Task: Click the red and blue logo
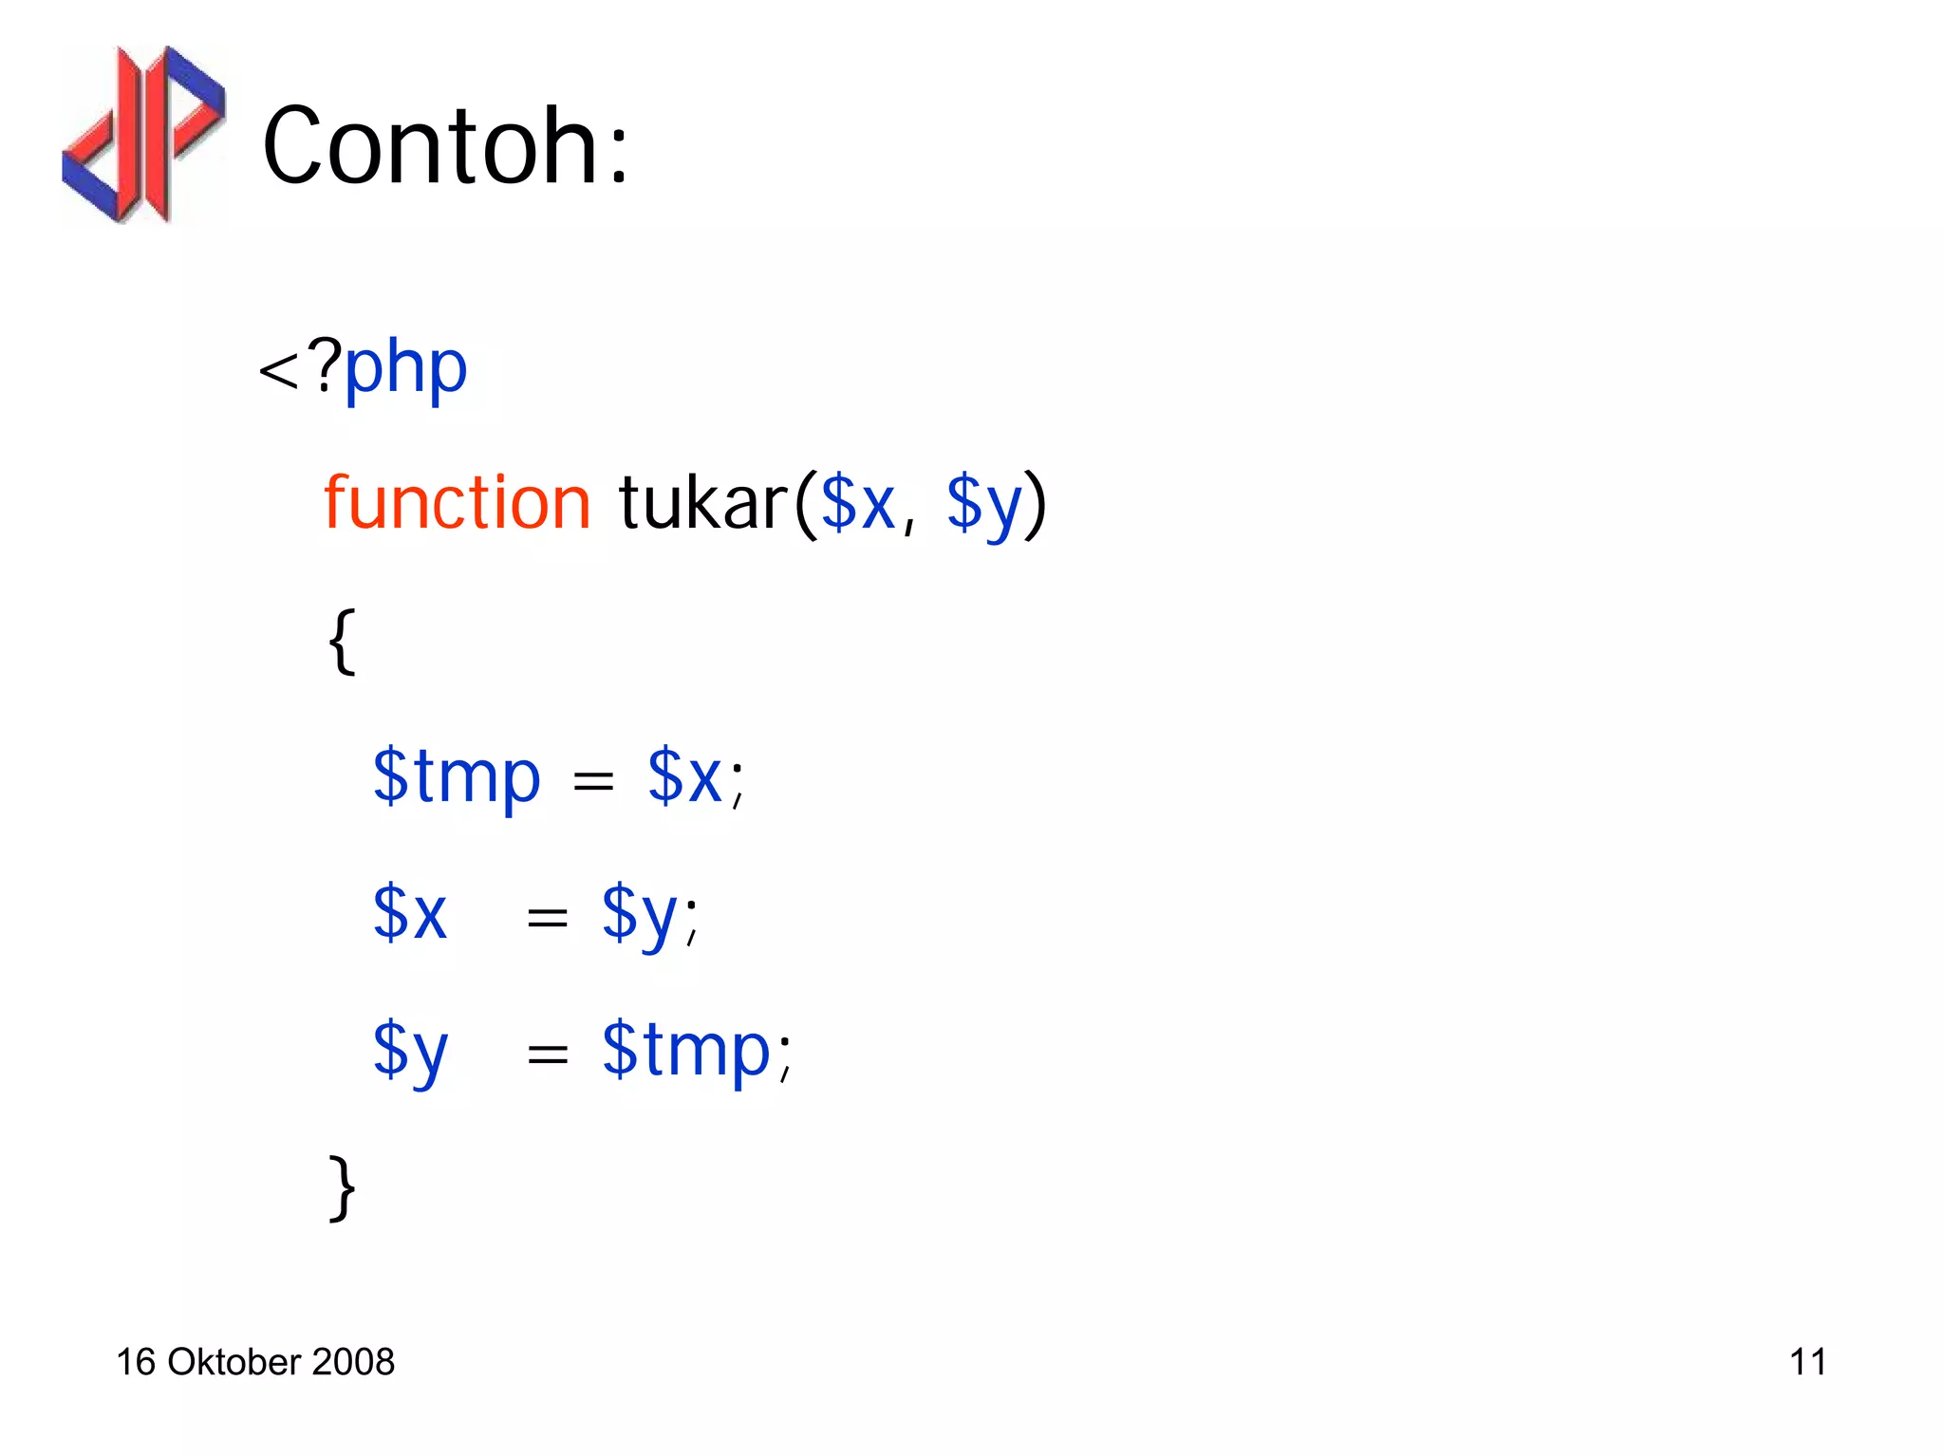144,134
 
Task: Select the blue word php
405,368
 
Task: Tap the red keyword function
458,503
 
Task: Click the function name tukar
703,503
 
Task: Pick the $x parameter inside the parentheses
857,503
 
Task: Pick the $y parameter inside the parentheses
983,505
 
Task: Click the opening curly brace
343,642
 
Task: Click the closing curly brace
343,1187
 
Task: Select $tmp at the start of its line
457,777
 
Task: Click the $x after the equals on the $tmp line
684,777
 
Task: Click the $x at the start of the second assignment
409,913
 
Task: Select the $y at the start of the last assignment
409,1052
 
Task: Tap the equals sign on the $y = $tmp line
548,1055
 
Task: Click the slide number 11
1807,1362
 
